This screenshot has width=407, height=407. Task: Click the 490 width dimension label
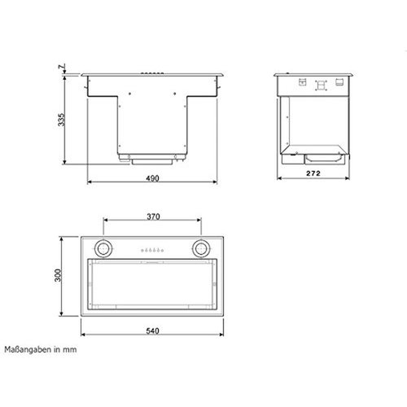click(x=152, y=177)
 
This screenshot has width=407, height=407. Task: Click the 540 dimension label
click(x=152, y=332)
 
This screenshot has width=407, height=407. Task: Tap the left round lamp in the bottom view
click(x=104, y=249)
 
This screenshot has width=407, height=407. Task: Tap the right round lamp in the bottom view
click(x=201, y=249)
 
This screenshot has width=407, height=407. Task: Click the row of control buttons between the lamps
click(x=152, y=249)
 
